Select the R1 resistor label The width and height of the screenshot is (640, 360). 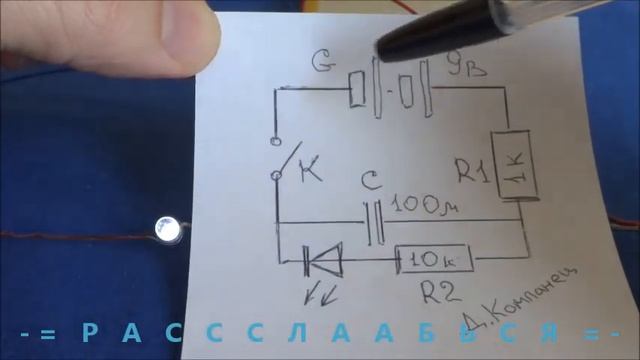click(x=473, y=173)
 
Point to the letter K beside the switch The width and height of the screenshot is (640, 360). click(x=311, y=173)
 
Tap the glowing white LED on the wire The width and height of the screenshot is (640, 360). click(x=168, y=230)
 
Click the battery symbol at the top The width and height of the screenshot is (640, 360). click(x=390, y=95)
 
